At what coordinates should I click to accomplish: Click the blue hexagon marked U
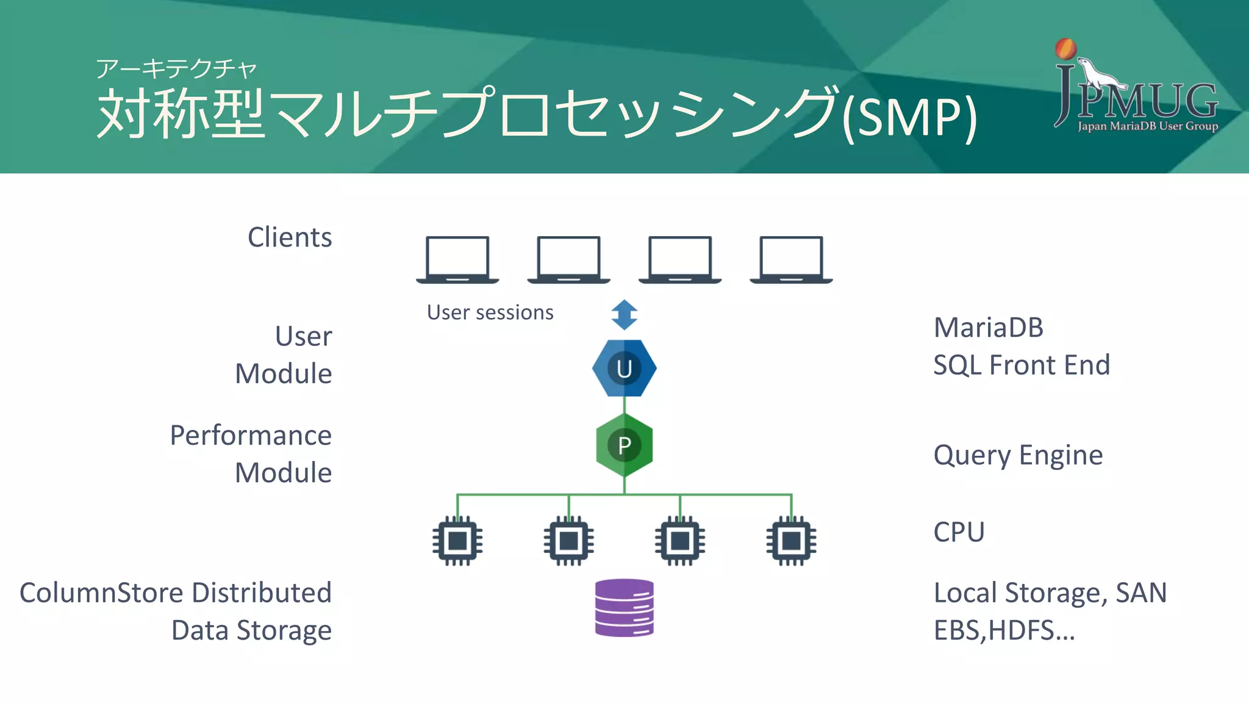624,368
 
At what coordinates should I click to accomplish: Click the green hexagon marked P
624,445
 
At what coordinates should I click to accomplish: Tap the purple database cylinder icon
624,608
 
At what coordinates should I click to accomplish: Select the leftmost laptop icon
457,259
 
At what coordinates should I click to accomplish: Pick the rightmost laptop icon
791,259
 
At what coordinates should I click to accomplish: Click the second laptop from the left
568,259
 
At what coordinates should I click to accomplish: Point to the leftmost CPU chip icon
457,541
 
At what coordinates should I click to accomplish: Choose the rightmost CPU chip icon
791,541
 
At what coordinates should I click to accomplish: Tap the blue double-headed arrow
624,315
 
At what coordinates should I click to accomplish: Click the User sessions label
490,312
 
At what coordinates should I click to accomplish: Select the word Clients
290,237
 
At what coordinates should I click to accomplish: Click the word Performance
251,436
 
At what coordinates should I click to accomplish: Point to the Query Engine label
1018,455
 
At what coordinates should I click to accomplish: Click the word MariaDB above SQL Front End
989,328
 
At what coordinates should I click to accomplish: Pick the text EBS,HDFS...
1003,630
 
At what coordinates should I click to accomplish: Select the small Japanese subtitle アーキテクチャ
176,68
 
